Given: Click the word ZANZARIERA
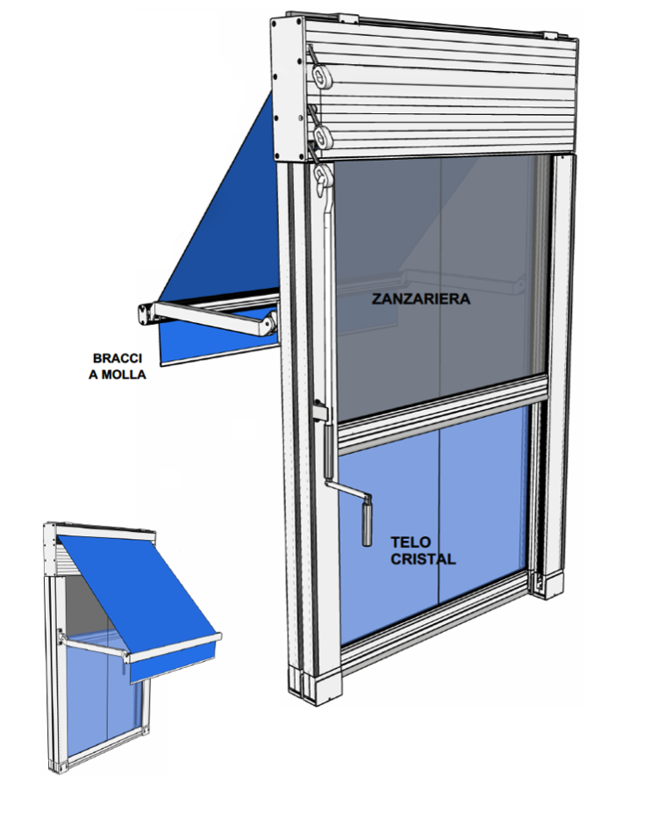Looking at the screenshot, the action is point(421,298).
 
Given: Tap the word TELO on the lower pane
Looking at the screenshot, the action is point(411,542).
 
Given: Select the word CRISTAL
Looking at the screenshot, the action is point(423,559).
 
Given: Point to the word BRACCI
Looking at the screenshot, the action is point(118,358).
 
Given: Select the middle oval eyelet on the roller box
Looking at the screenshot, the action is point(323,135).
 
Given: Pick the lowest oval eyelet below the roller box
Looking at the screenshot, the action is point(323,173).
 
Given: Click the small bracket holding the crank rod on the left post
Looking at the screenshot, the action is point(321,412).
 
